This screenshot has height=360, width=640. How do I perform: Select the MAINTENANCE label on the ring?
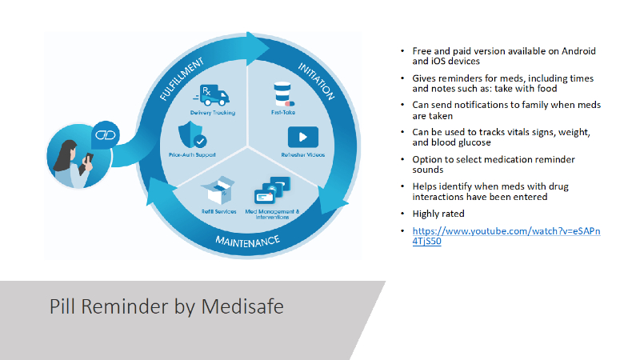247,240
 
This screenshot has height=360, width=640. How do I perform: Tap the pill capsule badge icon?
106,134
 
